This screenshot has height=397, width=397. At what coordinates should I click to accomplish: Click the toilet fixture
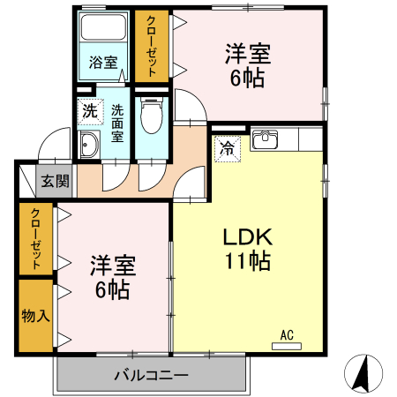[152, 115]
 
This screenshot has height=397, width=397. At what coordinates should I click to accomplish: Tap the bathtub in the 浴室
[103, 27]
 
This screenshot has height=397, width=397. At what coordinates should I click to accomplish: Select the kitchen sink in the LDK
[266, 139]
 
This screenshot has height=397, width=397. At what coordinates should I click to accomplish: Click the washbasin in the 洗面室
[89, 145]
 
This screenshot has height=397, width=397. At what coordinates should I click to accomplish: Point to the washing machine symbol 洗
[90, 111]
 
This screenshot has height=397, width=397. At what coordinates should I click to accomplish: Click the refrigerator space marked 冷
[228, 149]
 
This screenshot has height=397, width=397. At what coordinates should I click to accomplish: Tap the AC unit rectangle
[287, 346]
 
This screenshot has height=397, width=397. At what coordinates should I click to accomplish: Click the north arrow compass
[363, 373]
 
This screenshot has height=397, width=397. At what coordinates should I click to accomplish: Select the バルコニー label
[151, 375]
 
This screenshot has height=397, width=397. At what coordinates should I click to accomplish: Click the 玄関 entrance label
[55, 181]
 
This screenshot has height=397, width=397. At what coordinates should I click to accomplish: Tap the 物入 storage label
[35, 316]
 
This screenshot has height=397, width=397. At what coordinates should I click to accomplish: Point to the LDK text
[248, 237]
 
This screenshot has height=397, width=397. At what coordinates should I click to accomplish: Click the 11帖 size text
[248, 260]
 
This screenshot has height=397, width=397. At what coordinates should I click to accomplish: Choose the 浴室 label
[103, 63]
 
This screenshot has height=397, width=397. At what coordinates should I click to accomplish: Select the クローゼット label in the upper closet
[152, 46]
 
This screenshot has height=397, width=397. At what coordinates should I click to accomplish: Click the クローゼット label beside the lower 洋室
[35, 238]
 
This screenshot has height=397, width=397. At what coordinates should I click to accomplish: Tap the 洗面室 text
[117, 124]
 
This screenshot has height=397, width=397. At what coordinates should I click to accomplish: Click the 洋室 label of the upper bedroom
[248, 54]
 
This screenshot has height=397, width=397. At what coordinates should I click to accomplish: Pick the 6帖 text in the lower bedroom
[113, 290]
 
